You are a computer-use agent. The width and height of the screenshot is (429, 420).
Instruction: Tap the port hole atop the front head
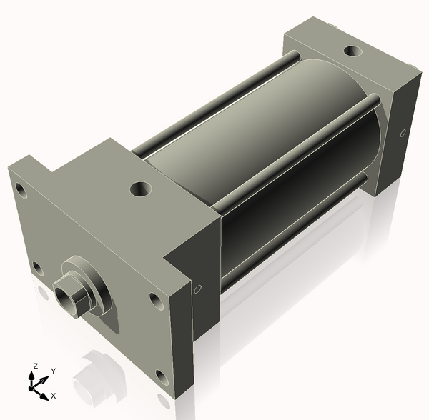[139, 190]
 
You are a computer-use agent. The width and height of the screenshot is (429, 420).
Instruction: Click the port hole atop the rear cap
[352, 51]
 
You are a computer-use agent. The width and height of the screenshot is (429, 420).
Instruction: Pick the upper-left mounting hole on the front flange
[21, 190]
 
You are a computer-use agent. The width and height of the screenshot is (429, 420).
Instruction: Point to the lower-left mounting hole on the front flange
[36, 267]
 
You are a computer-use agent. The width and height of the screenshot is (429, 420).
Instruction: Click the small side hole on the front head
[198, 289]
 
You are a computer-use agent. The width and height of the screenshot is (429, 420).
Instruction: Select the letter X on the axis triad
[54, 395]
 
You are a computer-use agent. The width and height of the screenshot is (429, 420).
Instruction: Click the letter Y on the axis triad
[53, 371]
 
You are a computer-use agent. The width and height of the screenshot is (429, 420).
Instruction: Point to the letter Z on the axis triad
[35, 366]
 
